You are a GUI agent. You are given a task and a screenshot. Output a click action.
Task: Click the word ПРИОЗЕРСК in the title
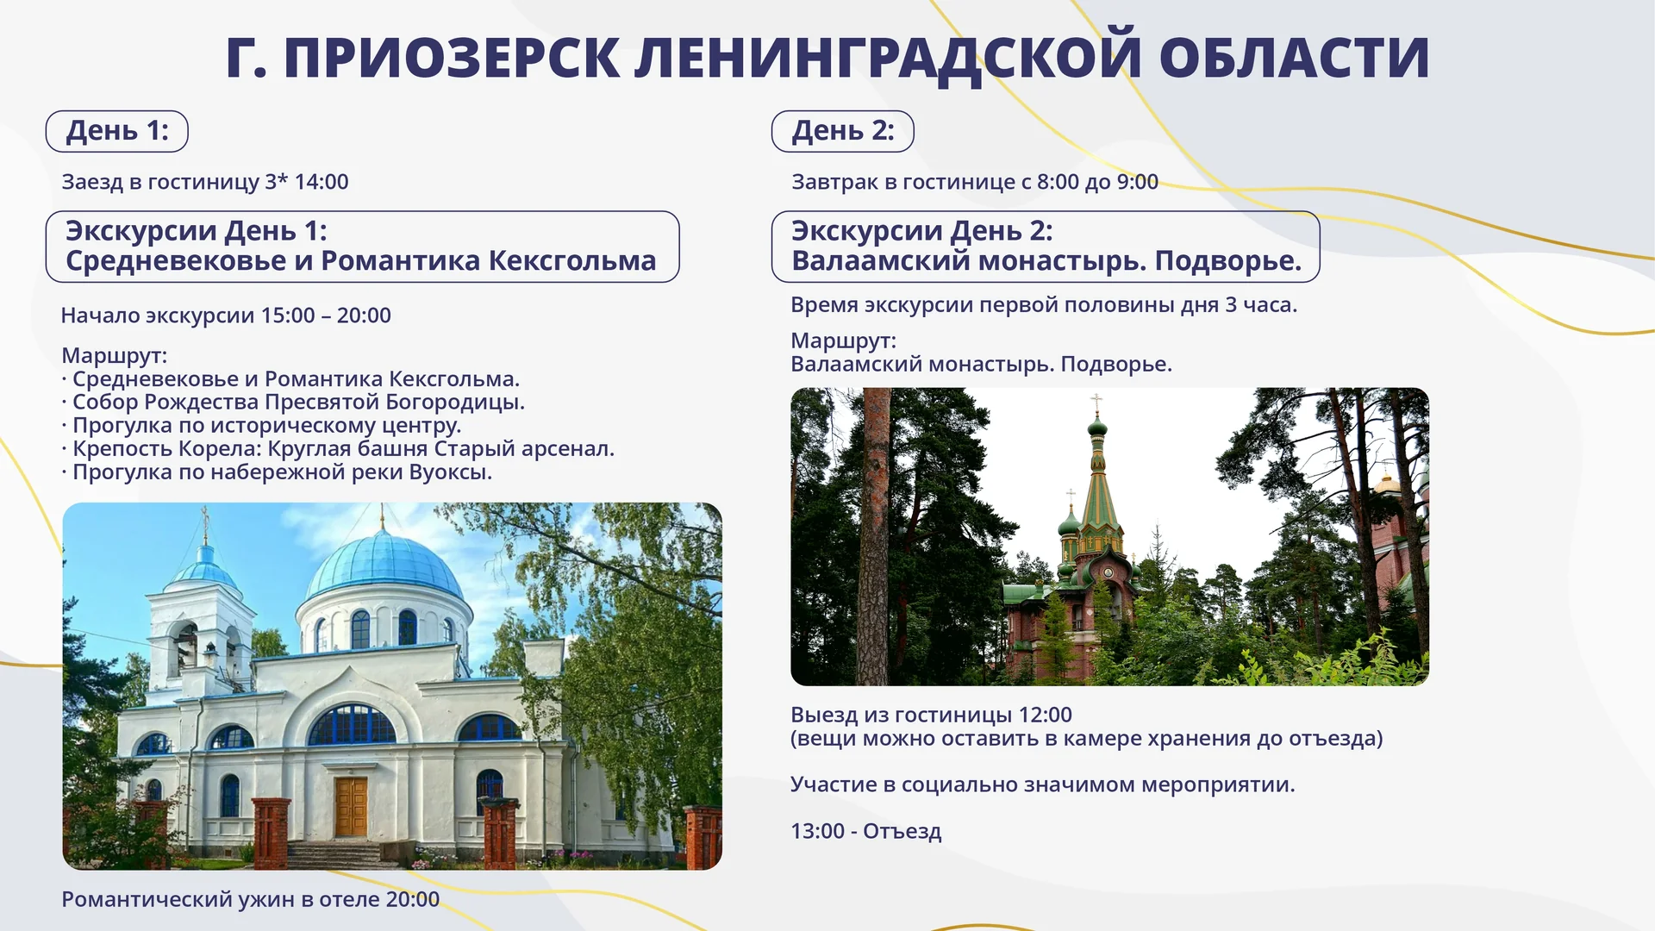452,59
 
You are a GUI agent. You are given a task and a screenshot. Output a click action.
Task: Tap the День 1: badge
117,131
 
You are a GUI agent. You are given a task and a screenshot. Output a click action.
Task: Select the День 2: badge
843,131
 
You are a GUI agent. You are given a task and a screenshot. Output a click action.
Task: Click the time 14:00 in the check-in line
322,182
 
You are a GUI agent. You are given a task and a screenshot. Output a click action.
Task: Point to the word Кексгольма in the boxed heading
572,260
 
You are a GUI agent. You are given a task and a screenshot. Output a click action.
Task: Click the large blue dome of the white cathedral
384,565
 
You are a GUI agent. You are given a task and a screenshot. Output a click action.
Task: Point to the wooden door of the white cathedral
351,807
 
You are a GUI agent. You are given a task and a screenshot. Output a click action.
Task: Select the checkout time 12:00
1045,715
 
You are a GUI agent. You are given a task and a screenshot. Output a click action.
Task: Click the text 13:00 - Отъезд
865,831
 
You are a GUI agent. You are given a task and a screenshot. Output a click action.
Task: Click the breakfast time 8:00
1058,182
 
